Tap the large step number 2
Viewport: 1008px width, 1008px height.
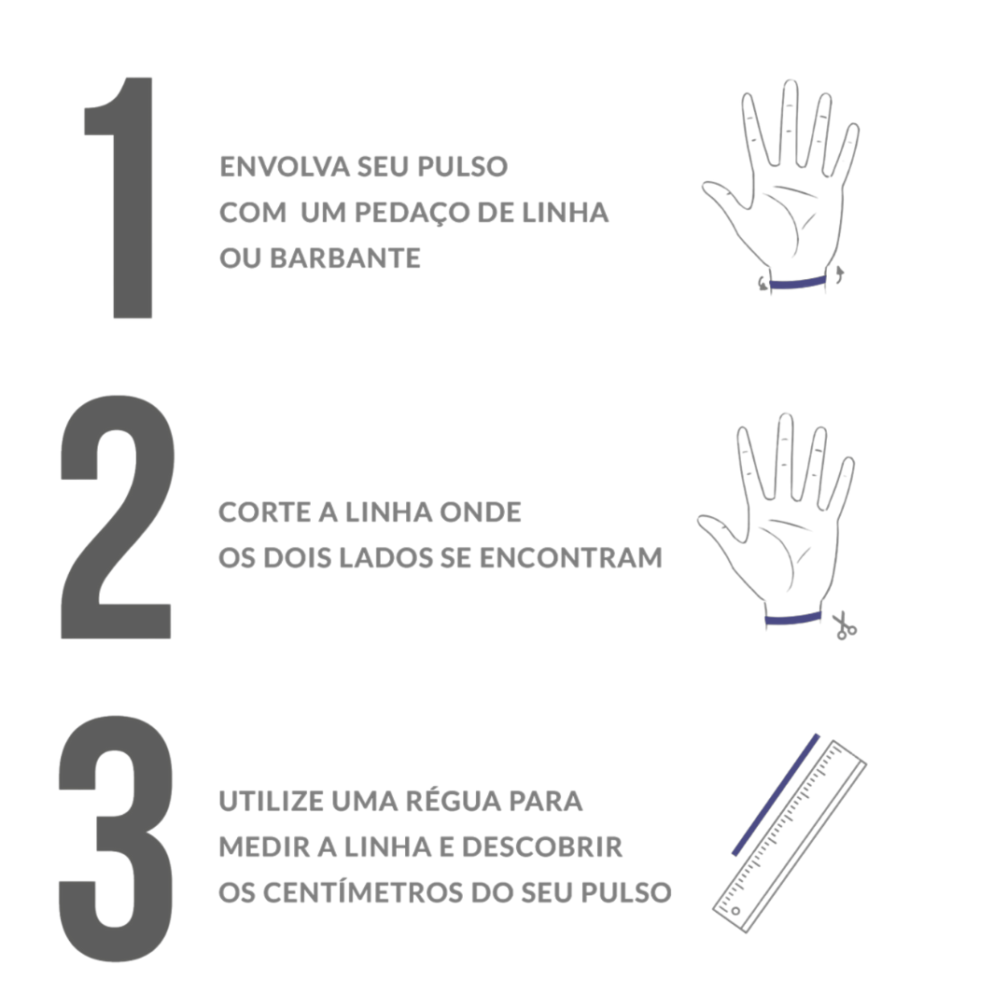117,517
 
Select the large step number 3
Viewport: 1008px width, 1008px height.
117,838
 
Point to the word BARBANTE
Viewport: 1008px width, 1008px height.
345,259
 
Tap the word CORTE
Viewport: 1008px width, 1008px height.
263,512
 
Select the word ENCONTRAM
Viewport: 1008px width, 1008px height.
571,558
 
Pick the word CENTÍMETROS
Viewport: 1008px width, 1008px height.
363,891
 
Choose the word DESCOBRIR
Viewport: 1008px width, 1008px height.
542,847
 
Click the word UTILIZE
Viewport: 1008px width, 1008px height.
270,801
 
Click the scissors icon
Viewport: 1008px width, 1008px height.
844,625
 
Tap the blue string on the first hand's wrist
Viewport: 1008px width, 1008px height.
797,282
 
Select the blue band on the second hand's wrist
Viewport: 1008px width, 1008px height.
792,619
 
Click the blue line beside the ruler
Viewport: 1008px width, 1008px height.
776,794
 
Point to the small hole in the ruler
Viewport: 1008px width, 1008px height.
735,910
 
